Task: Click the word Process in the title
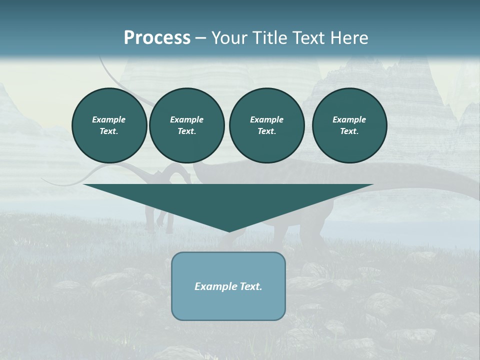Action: (157, 38)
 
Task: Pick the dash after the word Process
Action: (200, 38)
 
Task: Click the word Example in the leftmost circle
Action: (109, 119)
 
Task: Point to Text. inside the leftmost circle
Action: (109, 131)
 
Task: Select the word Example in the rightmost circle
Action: (349, 119)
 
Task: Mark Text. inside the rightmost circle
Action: (349, 131)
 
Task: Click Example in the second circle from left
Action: (186, 119)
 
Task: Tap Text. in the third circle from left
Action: (266, 131)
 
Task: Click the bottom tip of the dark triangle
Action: (229, 230)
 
